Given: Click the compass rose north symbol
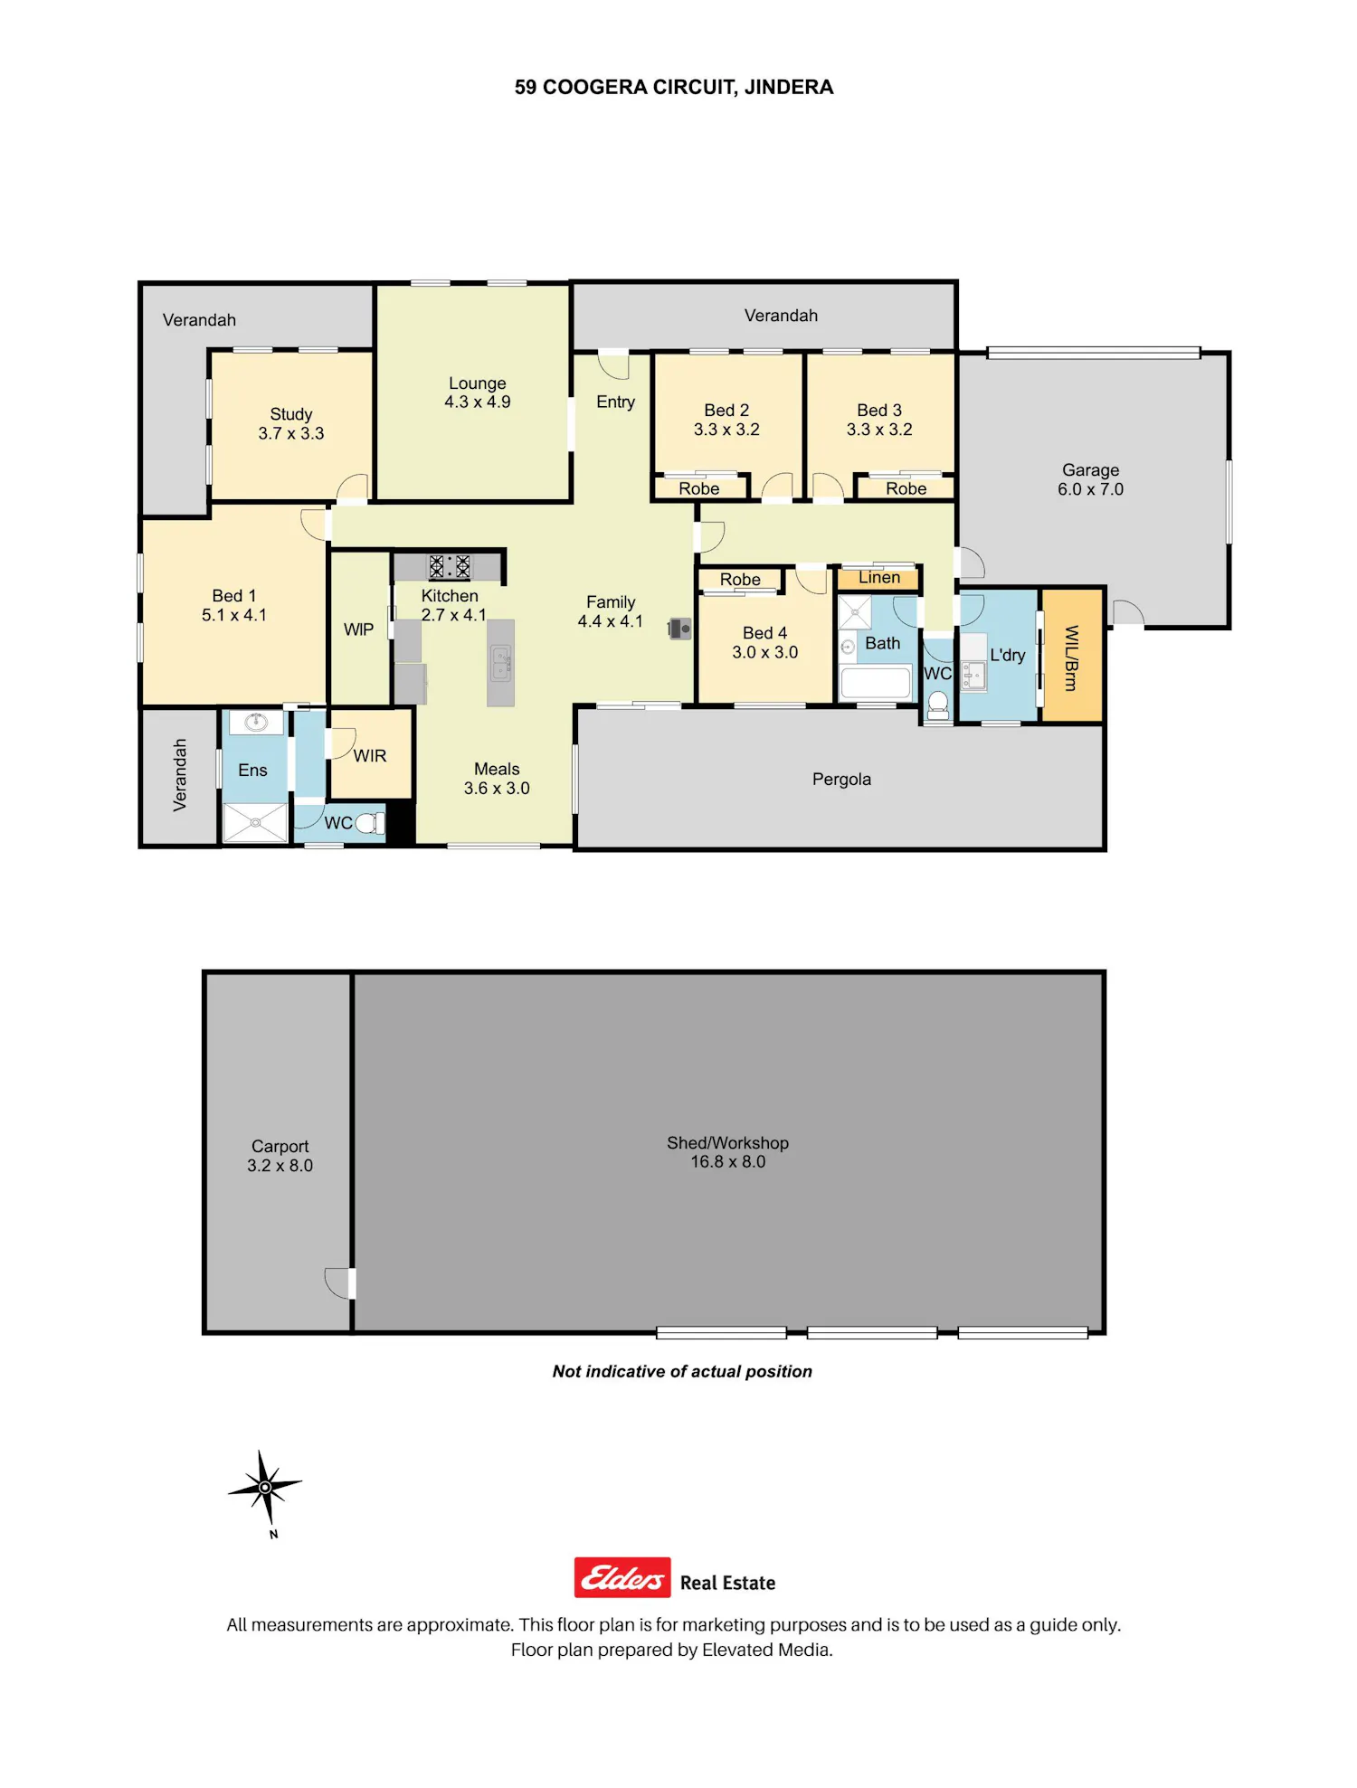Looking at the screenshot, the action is click(x=264, y=1487).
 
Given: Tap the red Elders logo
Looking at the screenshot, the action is click(x=622, y=1577).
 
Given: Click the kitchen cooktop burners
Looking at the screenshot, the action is click(x=450, y=567).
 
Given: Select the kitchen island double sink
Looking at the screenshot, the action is click(x=501, y=664).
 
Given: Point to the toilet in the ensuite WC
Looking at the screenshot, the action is click(x=370, y=823).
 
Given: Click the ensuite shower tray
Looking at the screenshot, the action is click(x=255, y=822).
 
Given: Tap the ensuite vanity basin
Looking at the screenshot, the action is click(x=256, y=722).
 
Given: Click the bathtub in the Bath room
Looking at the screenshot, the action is click(x=875, y=683).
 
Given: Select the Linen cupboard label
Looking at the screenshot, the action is click(x=879, y=577).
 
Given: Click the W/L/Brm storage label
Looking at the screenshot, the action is click(x=1071, y=657).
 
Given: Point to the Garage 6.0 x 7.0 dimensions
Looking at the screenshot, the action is click(x=1091, y=489).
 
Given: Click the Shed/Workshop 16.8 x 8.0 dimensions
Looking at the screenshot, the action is click(x=728, y=1161).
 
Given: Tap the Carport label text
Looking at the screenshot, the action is click(x=280, y=1146).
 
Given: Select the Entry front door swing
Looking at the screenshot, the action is click(x=613, y=364).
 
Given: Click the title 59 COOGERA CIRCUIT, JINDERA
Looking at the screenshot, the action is click(x=674, y=87).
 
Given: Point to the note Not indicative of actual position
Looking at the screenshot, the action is click(x=682, y=1371).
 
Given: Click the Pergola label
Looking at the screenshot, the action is click(x=841, y=779).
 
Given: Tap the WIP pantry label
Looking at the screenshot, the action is click(x=358, y=629).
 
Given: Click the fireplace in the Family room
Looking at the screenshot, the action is click(x=679, y=629).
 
